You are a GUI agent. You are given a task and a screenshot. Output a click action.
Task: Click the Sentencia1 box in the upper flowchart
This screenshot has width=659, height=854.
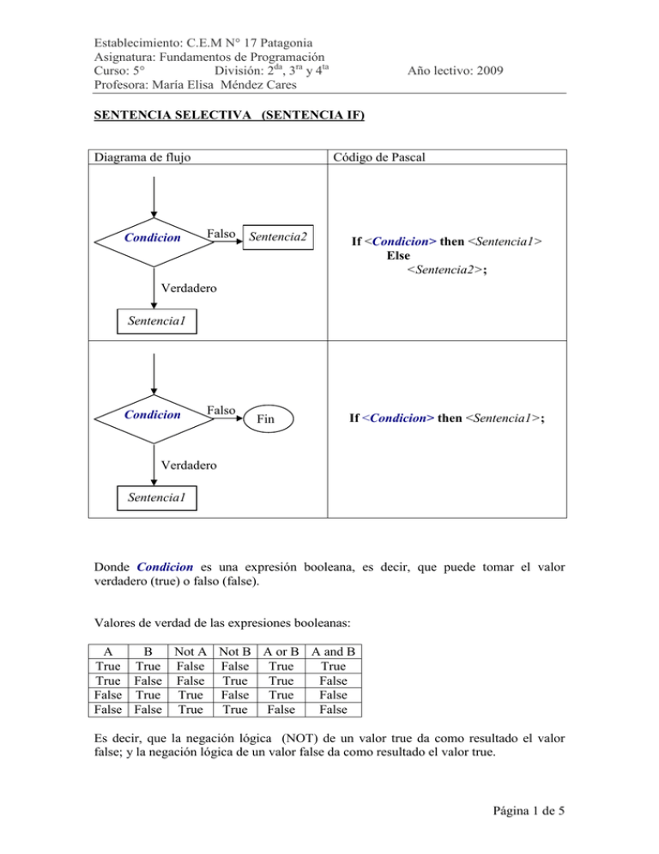154,322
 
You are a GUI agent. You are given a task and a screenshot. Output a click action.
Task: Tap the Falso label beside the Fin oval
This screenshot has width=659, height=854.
222,411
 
